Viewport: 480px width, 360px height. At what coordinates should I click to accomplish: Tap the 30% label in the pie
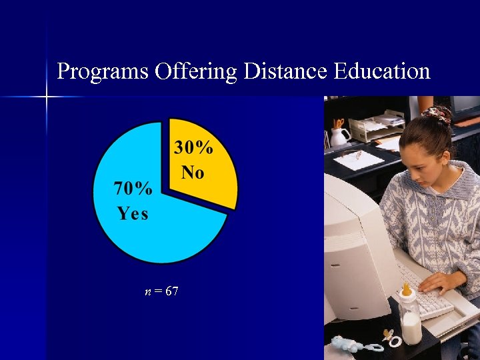click(x=194, y=148)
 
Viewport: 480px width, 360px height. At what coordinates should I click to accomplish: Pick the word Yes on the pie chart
click(x=133, y=213)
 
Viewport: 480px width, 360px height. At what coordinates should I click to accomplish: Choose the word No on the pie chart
click(x=192, y=172)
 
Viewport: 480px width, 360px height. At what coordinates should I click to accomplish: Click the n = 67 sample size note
click(x=161, y=291)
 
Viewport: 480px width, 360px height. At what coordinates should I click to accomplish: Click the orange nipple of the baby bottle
click(x=405, y=289)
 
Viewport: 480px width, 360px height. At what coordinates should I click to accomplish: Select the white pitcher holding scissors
click(x=340, y=136)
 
